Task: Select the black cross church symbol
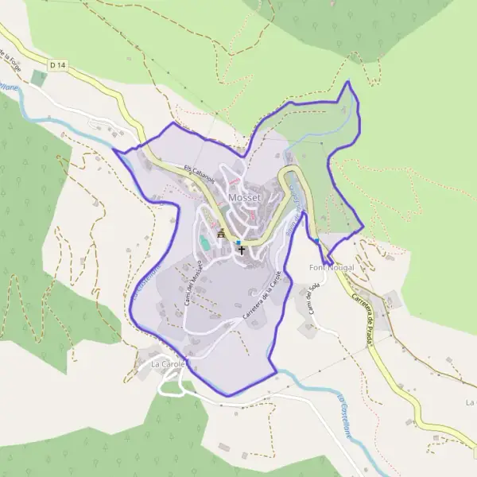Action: pos(242,250)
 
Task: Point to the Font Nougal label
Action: pos(332,268)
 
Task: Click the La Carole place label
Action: pos(167,364)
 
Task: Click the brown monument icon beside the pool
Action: pos(221,233)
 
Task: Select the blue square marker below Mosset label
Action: pos(238,242)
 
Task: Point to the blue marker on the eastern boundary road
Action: pos(316,241)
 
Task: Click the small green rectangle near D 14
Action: pos(39,78)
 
